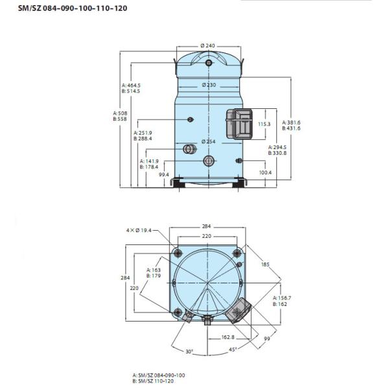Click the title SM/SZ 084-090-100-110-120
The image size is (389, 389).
pos(73,8)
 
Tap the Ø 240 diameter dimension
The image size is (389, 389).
pos(207,45)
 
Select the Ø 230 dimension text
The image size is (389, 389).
pos(209,85)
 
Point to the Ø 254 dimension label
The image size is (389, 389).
pos(208,141)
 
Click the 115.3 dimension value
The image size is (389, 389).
pos(265,124)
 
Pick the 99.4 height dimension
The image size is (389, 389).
pos(164,174)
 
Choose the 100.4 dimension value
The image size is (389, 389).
pos(265,172)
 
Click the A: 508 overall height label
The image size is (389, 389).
pos(120,113)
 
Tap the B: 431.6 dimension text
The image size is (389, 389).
pos(291,128)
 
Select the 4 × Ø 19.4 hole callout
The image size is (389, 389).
pos(139,230)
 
